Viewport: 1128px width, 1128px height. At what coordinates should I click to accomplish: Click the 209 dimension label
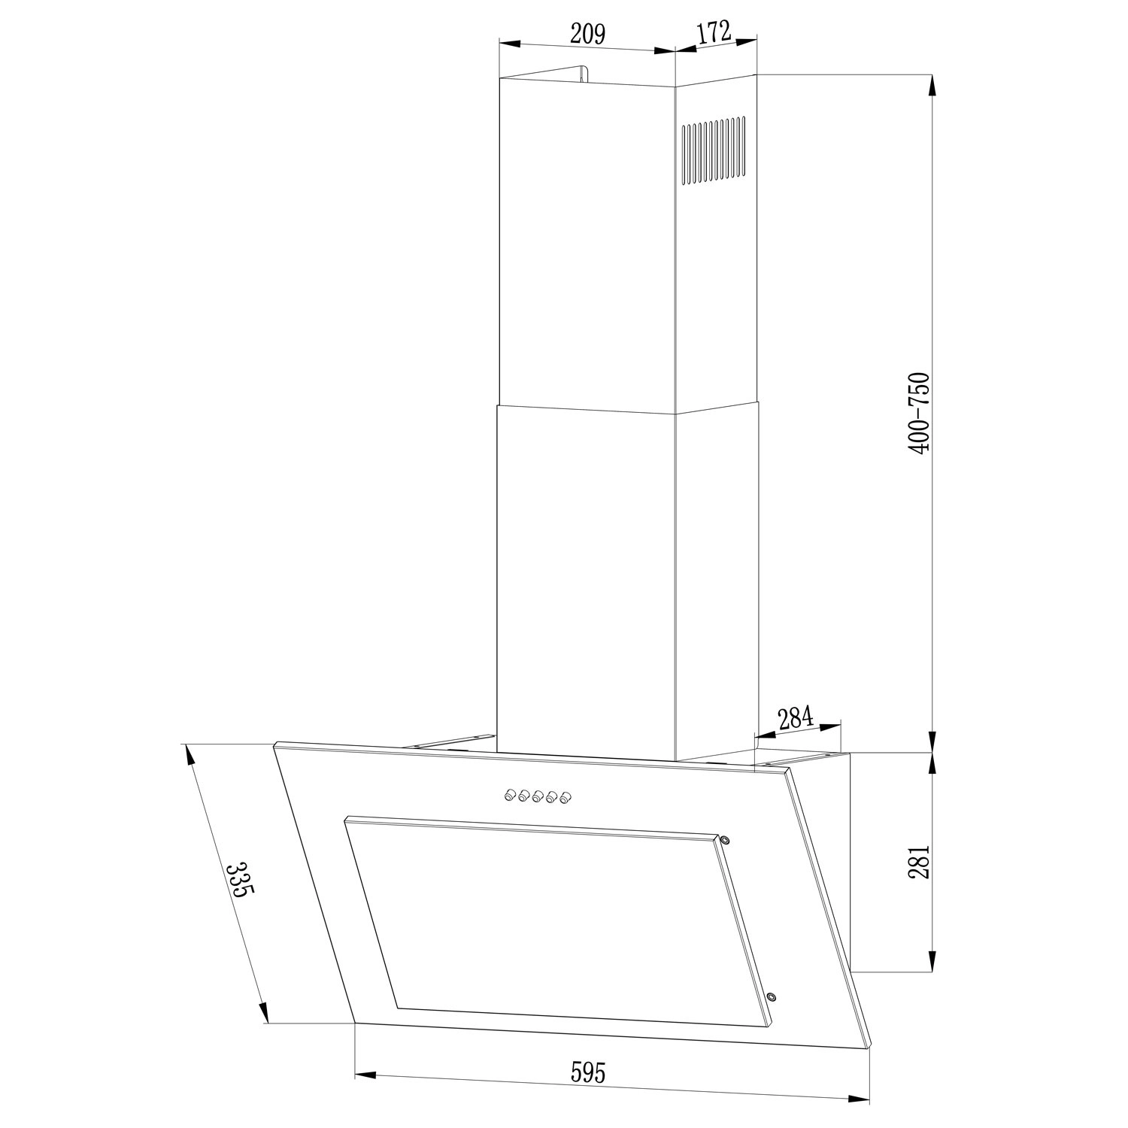point(587,35)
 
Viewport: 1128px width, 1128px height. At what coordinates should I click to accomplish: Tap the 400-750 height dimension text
point(919,412)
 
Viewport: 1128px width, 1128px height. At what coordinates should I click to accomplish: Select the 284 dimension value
point(796,719)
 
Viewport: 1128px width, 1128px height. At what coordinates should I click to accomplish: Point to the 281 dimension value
point(919,861)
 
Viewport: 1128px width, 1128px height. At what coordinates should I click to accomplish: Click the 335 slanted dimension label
point(240,881)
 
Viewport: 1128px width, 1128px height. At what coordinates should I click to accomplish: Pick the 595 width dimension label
point(587,1072)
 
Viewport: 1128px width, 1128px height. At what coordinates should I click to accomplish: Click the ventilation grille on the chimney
point(714,150)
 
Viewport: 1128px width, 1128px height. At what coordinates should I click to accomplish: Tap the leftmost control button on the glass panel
point(510,793)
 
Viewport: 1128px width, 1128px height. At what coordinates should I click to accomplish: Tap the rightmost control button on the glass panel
point(566,798)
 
